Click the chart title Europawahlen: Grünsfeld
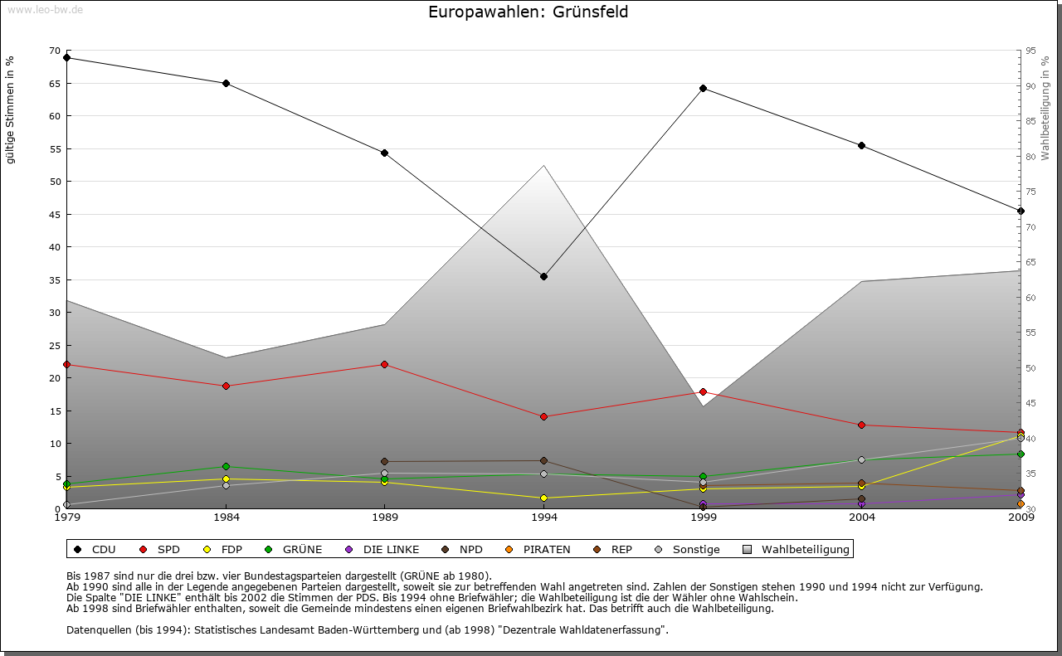tap(528, 12)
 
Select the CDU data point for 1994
tap(543, 276)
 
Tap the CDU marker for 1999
tap(703, 88)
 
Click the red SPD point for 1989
tap(384, 364)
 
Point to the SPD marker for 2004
tap(861, 425)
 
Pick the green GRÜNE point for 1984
tap(226, 466)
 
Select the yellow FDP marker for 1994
tap(543, 498)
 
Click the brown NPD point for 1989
tap(384, 461)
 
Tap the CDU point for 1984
tap(226, 83)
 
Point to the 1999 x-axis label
tap(703, 518)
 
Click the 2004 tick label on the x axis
tap(861, 518)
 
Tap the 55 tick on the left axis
tap(55, 149)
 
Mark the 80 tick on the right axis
tap(1030, 157)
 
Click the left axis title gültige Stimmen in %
tap(11, 109)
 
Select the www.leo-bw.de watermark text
tap(45, 9)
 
